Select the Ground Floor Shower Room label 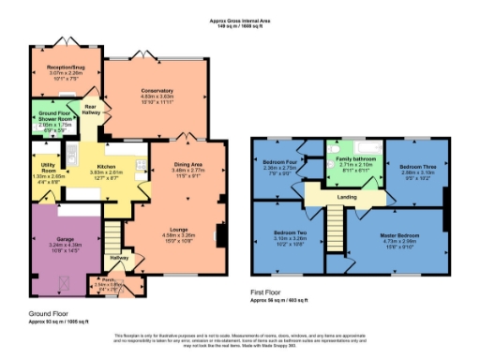tap(55, 115)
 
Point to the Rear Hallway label tap(91, 109)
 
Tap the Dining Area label tap(189, 164)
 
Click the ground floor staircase tap(112, 233)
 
